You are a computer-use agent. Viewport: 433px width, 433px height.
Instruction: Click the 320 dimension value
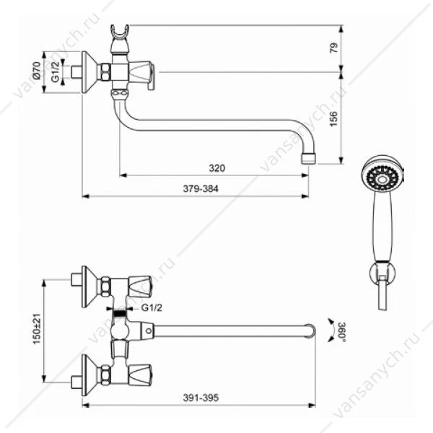[x=216, y=168]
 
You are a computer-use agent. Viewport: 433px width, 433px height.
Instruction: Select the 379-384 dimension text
[x=201, y=189]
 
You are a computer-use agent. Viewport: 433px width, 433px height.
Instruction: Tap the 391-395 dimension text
[x=201, y=398]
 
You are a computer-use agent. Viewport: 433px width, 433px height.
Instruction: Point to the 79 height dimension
[x=334, y=48]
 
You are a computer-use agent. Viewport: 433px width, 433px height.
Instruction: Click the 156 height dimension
[x=334, y=119]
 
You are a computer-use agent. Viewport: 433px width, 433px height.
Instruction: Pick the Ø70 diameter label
[x=37, y=71]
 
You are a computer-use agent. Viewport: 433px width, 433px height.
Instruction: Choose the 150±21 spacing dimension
[x=37, y=329]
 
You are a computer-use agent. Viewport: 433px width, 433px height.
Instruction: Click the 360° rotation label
[x=342, y=331]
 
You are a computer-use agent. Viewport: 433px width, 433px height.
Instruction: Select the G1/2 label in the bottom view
[x=152, y=307]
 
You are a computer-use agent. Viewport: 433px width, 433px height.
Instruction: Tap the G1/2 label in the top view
[x=56, y=71]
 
